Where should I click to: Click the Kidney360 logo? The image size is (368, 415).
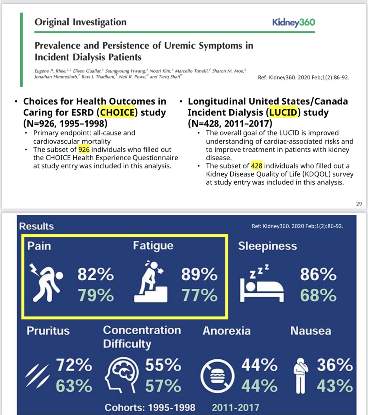(293, 22)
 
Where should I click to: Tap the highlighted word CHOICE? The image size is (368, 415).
(117, 112)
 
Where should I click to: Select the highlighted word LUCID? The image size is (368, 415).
(283, 112)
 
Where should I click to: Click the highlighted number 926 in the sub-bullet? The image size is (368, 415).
(84, 149)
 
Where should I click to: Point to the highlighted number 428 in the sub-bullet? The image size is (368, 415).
(257, 166)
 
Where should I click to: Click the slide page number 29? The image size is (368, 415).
(359, 204)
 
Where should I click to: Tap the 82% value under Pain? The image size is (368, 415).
(96, 274)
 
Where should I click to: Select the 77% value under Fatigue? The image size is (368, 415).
(199, 295)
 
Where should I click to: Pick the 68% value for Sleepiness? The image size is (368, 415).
(318, 295)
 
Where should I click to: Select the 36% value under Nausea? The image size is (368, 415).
(334, 365)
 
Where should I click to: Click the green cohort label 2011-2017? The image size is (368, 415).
(235, 407)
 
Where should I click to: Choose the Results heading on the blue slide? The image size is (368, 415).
(36, 226)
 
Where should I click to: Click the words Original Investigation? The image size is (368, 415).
(80, 22)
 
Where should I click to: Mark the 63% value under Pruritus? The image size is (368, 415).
(74, 386)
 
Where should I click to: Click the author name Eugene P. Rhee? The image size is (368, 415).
(50, 71)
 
